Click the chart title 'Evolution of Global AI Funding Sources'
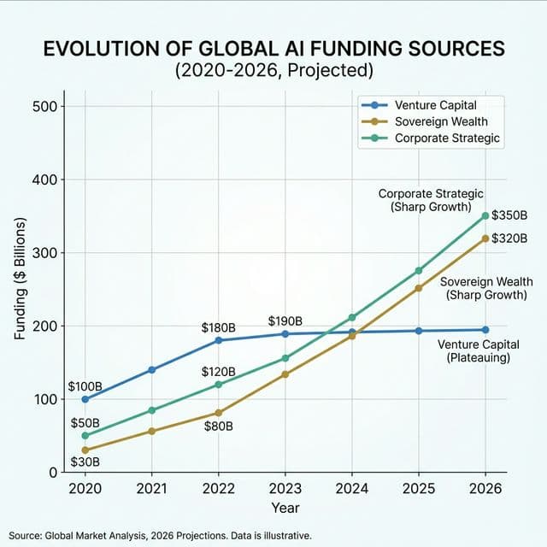(x=273, y=49)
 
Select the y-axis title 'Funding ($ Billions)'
(x=20, y=280)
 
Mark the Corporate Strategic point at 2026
(x=485, y=216)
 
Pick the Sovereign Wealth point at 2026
(x=485, y=238)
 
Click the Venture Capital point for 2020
(x=85, y=399)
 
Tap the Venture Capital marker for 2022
(x=218, y=340)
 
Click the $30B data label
(x=85, y=462)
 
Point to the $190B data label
(x=285, y=321)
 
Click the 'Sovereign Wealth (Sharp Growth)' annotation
(x=486, y=288)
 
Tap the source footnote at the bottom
(x=162, y=535)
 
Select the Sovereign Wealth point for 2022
(x=218, y=413)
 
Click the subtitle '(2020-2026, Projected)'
(x=273, y=71)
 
